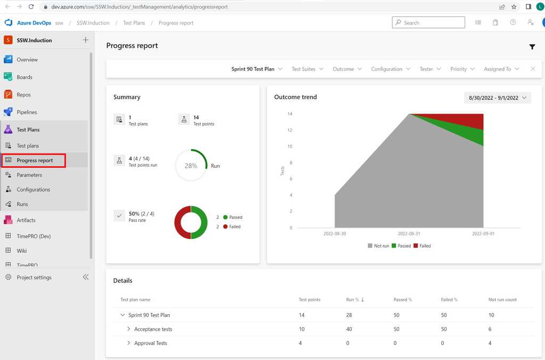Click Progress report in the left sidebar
35,160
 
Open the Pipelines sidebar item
27,112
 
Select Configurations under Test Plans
33,190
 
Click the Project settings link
34,277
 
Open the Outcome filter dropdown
347,69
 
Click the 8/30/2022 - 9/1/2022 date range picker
497,98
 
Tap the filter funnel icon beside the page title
532,47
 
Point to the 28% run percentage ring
191,166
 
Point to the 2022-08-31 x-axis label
409,234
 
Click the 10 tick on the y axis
290,146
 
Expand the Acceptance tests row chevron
129,329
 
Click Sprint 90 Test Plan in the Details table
149,315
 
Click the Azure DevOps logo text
34,23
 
